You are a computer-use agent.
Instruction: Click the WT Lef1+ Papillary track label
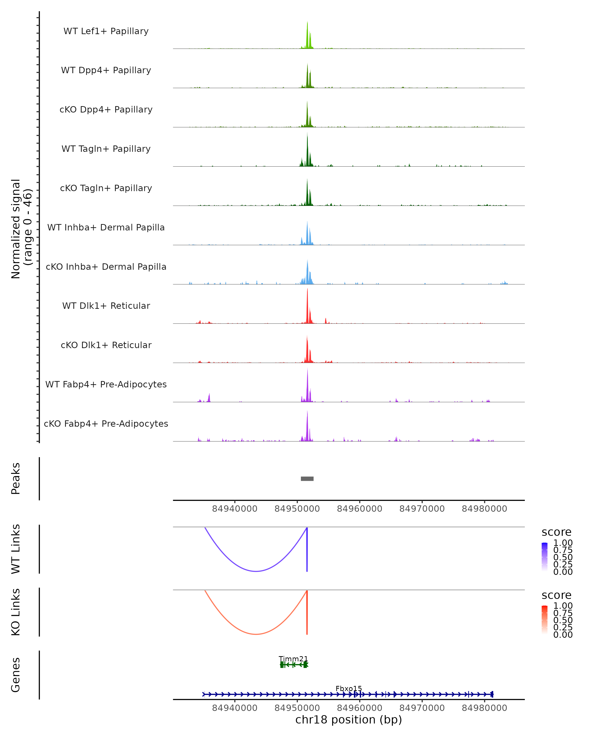[106, 31]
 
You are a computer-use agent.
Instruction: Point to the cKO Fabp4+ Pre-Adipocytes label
[106, 424]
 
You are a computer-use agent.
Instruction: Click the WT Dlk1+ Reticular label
[106, 306]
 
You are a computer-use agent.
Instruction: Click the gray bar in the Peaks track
[307, 479]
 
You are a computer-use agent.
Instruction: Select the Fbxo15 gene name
[349, 688]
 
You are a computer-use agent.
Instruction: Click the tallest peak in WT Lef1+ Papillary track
[307, 23]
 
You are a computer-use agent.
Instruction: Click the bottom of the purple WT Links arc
[256, 571]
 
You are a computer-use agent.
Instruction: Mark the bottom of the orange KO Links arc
[256, 634]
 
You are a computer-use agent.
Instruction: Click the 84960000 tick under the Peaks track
[359, 509]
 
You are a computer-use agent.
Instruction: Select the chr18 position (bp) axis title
[349, 720]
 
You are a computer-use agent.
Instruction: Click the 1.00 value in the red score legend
[563, 605]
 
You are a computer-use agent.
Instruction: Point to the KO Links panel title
[16, 612]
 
